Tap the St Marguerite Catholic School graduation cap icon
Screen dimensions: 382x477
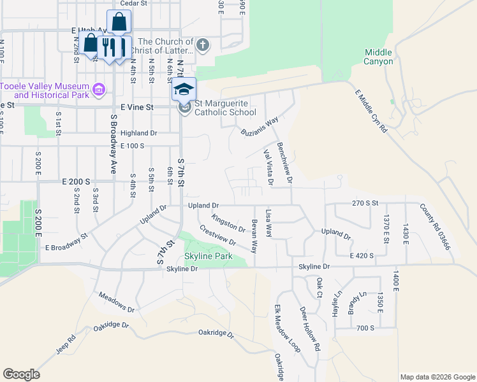[x=184, y=88]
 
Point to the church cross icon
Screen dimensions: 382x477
[x=203, y=45]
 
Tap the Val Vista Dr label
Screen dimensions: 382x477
[x=268, y=167]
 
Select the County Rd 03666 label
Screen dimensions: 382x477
[x=435, y=226]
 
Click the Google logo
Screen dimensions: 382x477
[x=21, y=374]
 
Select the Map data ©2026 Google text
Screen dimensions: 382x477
[x=437, y=377]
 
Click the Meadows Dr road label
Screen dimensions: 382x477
[x=117, y=302]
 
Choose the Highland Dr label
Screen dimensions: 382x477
[x=138, y=134]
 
